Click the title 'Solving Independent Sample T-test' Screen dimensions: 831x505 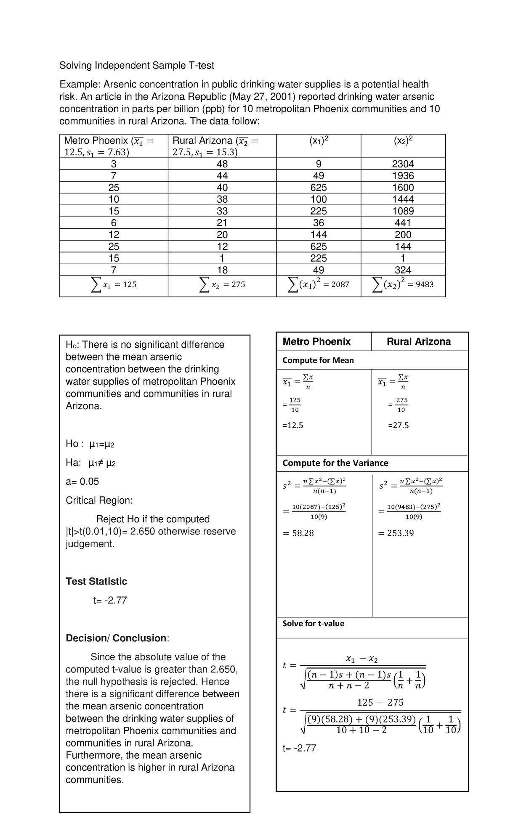pos(136,66)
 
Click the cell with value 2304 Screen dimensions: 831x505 pos(403,164)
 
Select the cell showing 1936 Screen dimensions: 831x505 pos(403,176)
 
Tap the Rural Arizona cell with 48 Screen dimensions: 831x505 pos(222,164)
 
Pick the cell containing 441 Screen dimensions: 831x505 pos(403,223)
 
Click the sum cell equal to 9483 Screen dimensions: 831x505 pos(403,285)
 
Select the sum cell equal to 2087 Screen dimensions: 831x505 pos(319,285)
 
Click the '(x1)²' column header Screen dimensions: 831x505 pos(319,141)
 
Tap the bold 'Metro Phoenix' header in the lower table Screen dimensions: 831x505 pos(316,341)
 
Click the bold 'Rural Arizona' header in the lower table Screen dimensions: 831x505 pos(418,341)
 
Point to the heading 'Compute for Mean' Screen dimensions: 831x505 pos(318,360)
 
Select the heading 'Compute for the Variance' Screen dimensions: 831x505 pos(335,463)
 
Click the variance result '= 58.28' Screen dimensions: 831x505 pos(298,533)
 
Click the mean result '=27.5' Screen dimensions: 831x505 pos(398,425)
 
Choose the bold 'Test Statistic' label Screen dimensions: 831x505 pos(96,582)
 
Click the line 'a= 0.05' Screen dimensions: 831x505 pos(82,482)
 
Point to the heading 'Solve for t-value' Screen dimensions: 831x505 pos(313,624)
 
